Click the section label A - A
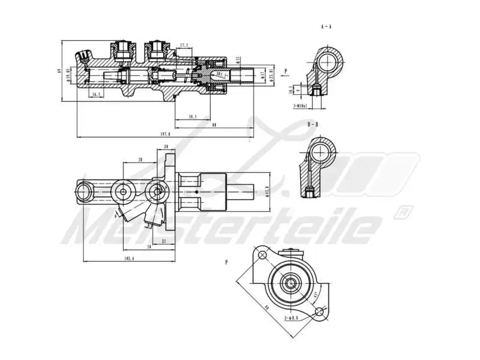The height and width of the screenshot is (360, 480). (x=326, y=26)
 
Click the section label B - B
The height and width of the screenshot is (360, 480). (x=313, y=124)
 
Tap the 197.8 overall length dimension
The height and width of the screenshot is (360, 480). (x=166, y=134)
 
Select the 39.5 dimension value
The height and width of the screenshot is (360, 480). (x=193, y=116)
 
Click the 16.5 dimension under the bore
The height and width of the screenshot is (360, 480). (x=95, y=94)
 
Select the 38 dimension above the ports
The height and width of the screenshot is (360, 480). (x=139, y=160)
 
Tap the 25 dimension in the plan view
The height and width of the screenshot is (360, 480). (x=164, y=241)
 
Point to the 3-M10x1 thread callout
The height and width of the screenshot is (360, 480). (x=300, y=106)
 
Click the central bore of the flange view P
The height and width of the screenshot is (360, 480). (x=292, y=283)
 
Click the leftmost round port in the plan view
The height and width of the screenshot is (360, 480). (x=82, y=192)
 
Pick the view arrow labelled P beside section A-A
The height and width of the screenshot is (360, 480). (x=286, y=71)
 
